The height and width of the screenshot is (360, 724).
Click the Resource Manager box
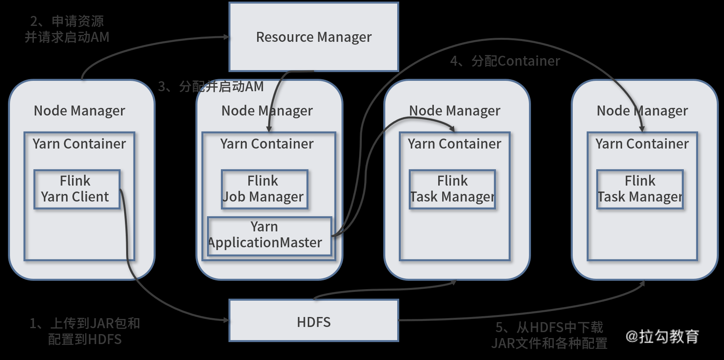point(314,37)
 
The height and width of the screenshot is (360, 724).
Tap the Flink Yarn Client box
point(77,190)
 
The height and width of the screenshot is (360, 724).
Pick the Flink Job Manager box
point(265,190)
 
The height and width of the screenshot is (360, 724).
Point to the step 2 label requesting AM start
point(67,29)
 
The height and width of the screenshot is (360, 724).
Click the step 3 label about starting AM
point(211,86)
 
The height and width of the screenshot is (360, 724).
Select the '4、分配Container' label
point(505,61)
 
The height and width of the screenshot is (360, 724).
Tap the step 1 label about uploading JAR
point(85,331)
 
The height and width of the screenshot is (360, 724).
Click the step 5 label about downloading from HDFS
point(549,335)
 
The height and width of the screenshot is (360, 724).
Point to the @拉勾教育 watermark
point(662,337)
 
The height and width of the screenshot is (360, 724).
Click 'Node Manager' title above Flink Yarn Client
point(79,111)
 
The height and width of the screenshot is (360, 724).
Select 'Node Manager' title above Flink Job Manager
point(267,111)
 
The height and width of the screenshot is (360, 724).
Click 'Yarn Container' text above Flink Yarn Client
point(79,144)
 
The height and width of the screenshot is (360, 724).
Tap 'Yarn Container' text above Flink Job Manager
point(267,144)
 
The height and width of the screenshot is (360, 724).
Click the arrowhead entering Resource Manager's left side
point(227,37)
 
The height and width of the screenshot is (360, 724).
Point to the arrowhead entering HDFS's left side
point(226,320)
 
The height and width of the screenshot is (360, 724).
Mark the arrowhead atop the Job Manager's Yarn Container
point(269,129)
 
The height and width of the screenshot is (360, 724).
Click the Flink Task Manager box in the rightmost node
point(640,190)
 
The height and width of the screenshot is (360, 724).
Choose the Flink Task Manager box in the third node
point(453,190)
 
